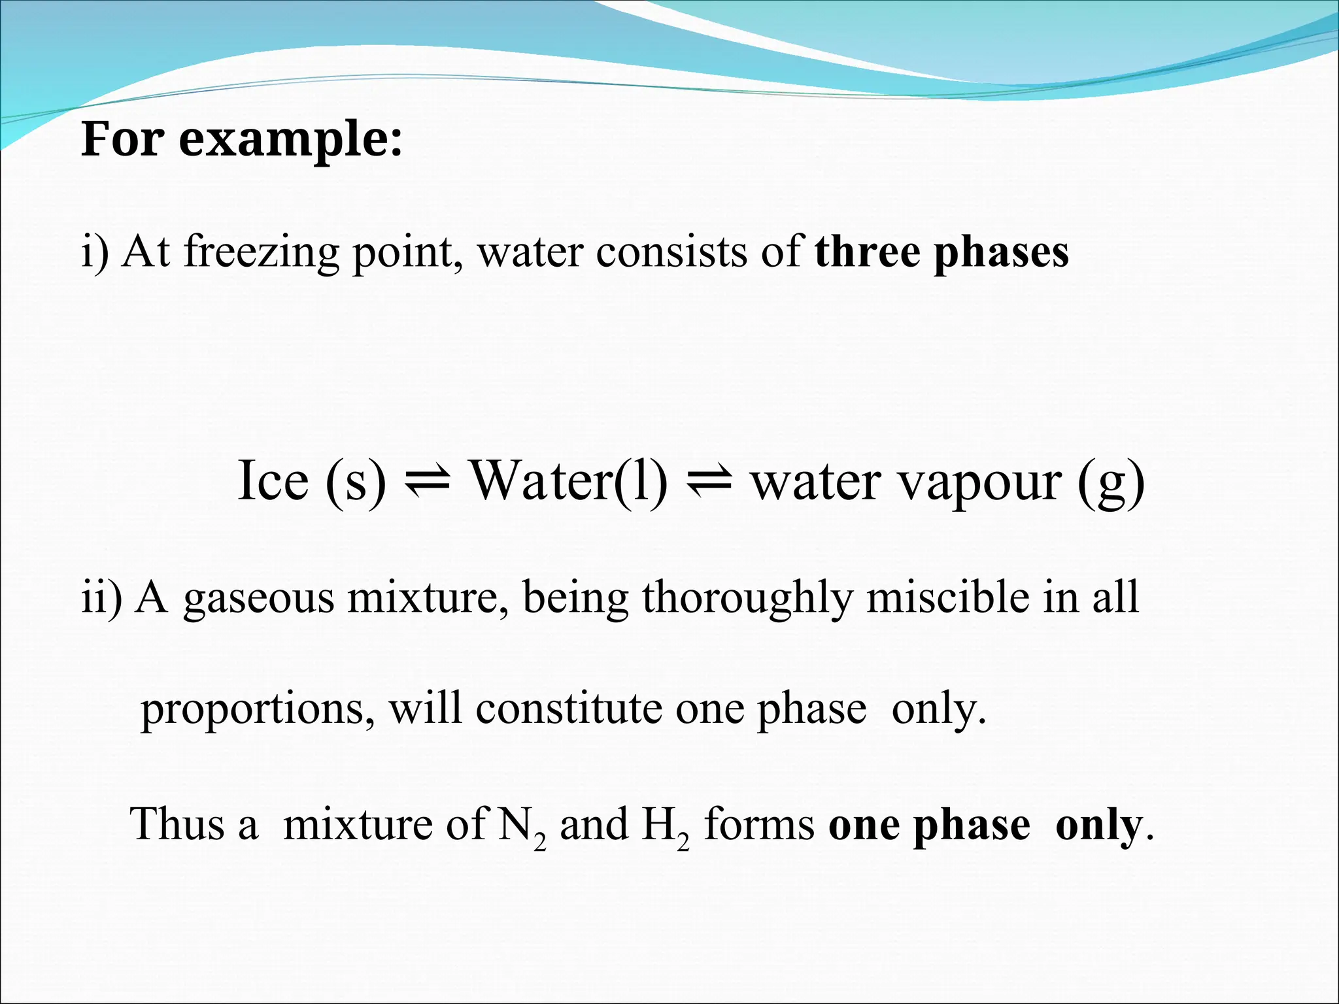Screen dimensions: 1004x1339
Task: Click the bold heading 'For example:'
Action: pyautogui.click(x=241, y=139)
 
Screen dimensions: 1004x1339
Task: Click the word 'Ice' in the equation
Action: pyautogui.click(x=273, y=480)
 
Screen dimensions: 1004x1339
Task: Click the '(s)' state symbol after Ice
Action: pyautogui.click(x=356, y=482)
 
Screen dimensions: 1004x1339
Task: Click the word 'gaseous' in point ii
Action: pyautogui.click(x=258, y=599)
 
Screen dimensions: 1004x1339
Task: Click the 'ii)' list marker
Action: pyautogui.click(x=101, y=597)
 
